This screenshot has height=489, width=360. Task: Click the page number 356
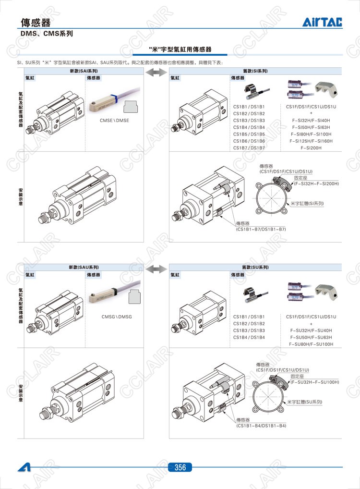[x=180, y=467]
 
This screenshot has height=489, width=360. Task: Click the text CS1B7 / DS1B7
[x=249, y=148]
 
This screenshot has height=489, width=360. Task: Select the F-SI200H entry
[x=311, y=148]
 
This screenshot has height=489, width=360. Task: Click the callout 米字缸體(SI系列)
[x=308, y=204]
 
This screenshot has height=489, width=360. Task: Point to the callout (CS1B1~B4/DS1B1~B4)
[x=261, y=426]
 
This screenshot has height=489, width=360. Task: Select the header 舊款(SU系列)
[x=255, y=267]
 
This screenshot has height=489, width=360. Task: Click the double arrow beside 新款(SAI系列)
[x=156, y=72]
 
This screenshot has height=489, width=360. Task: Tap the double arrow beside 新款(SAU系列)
[x=156, y=268]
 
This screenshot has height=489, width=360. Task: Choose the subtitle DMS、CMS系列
[x=47, y=34]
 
